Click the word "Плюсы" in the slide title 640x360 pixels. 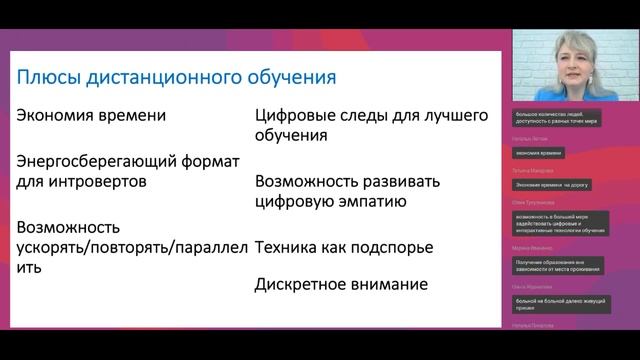tap(48, 77)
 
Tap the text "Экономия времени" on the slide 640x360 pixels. tap(90, 115)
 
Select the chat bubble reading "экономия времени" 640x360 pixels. tap(539, 153)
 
